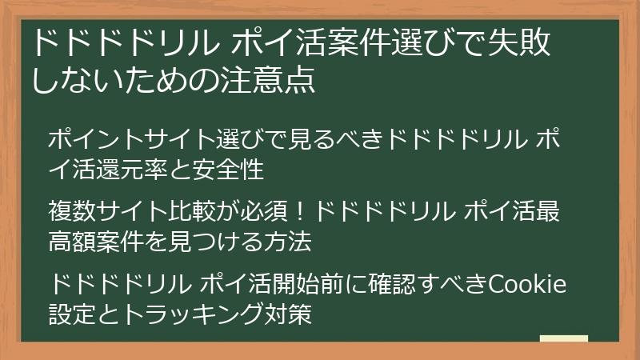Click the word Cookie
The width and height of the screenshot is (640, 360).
[527, 284]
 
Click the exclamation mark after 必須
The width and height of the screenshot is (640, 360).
[302, 214]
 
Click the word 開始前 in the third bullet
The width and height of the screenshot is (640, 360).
[326, 284]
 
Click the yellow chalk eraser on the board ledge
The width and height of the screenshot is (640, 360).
[564, 338]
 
